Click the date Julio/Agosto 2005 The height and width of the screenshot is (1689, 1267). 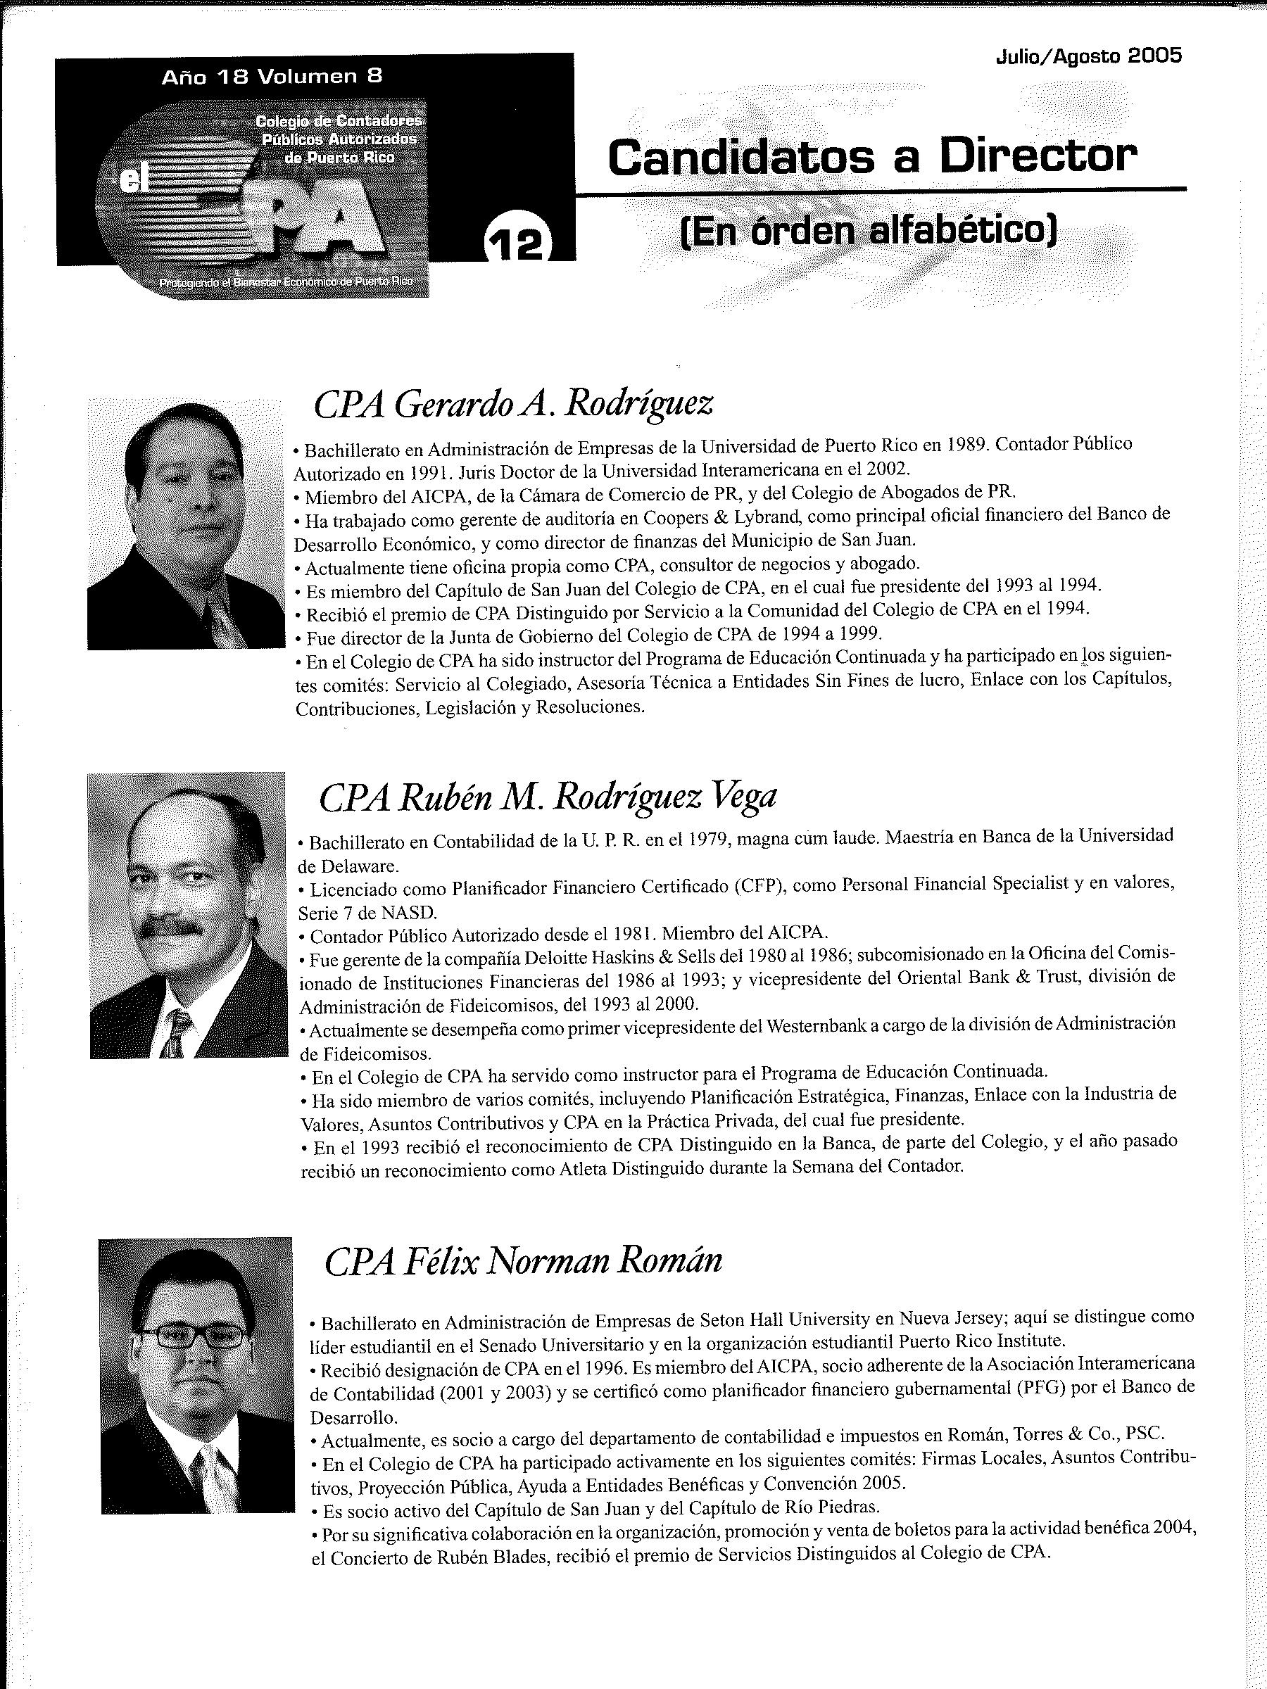1089,56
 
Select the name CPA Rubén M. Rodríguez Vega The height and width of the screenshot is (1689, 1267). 547,797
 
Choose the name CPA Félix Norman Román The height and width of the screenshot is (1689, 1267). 523,1260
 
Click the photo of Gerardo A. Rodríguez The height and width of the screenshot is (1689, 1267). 186,524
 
